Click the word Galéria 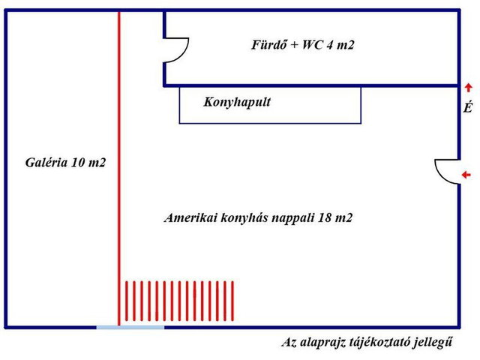(46, 162)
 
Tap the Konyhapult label (237, 102)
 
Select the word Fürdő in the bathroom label (269, 45)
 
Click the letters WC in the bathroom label (312, 45)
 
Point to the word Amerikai (190, 217)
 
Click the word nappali (293, 218)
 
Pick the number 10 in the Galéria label (78, 162)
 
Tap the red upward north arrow (468, 88)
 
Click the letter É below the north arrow (468, 107)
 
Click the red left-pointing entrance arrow (466, 175)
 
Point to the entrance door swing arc (441, 175)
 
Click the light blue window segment (130, 328)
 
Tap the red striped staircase (179, 301)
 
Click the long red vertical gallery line (119, 168)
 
